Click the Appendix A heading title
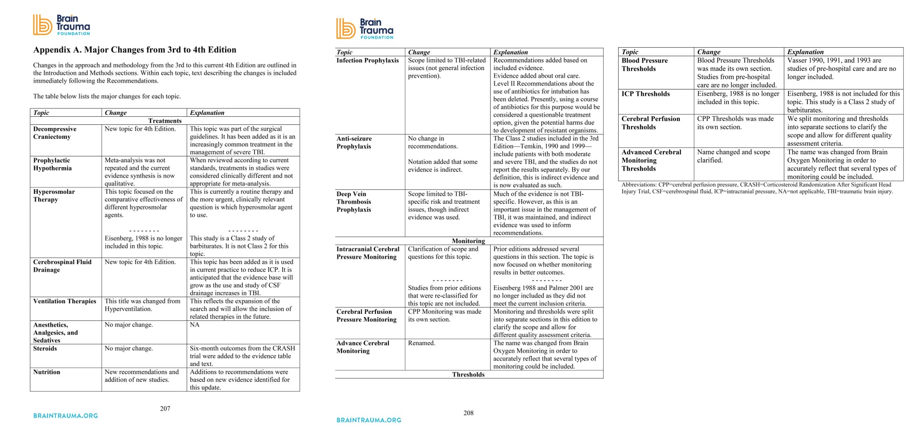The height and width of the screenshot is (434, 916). (x=134, y=50)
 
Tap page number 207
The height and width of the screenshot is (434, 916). (x=165, y=409)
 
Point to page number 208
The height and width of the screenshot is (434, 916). (x=468, y=413)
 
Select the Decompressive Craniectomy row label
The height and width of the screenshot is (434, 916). (x=55, y=133)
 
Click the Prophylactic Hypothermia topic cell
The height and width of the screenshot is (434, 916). (x=52, y=164)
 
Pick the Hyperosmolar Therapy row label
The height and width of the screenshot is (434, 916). (x=54, y=196)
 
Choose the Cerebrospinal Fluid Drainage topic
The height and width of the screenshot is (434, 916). (x=62, y=266)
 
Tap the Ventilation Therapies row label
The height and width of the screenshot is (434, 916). (x=64, y=301)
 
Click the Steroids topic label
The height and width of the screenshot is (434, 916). (x=45, y=349)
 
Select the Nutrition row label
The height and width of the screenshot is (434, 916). (x=47, y=372)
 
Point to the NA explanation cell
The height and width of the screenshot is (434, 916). (x=194, y=325)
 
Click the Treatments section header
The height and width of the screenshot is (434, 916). (x=165, y=121)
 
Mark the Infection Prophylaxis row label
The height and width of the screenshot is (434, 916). (x=367, y=61)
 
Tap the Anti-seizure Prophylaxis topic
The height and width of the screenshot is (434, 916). (x=354, y=142)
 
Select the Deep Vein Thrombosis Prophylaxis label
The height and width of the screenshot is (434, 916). (x=354, y=202)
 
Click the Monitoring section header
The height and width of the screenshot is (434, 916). (x=468, y=241)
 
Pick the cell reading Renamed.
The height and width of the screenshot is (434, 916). (x=422, y=343)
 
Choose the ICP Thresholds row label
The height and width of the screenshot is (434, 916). (x=646, y=94)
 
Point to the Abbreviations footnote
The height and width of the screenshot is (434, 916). (x=756, y=188)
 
